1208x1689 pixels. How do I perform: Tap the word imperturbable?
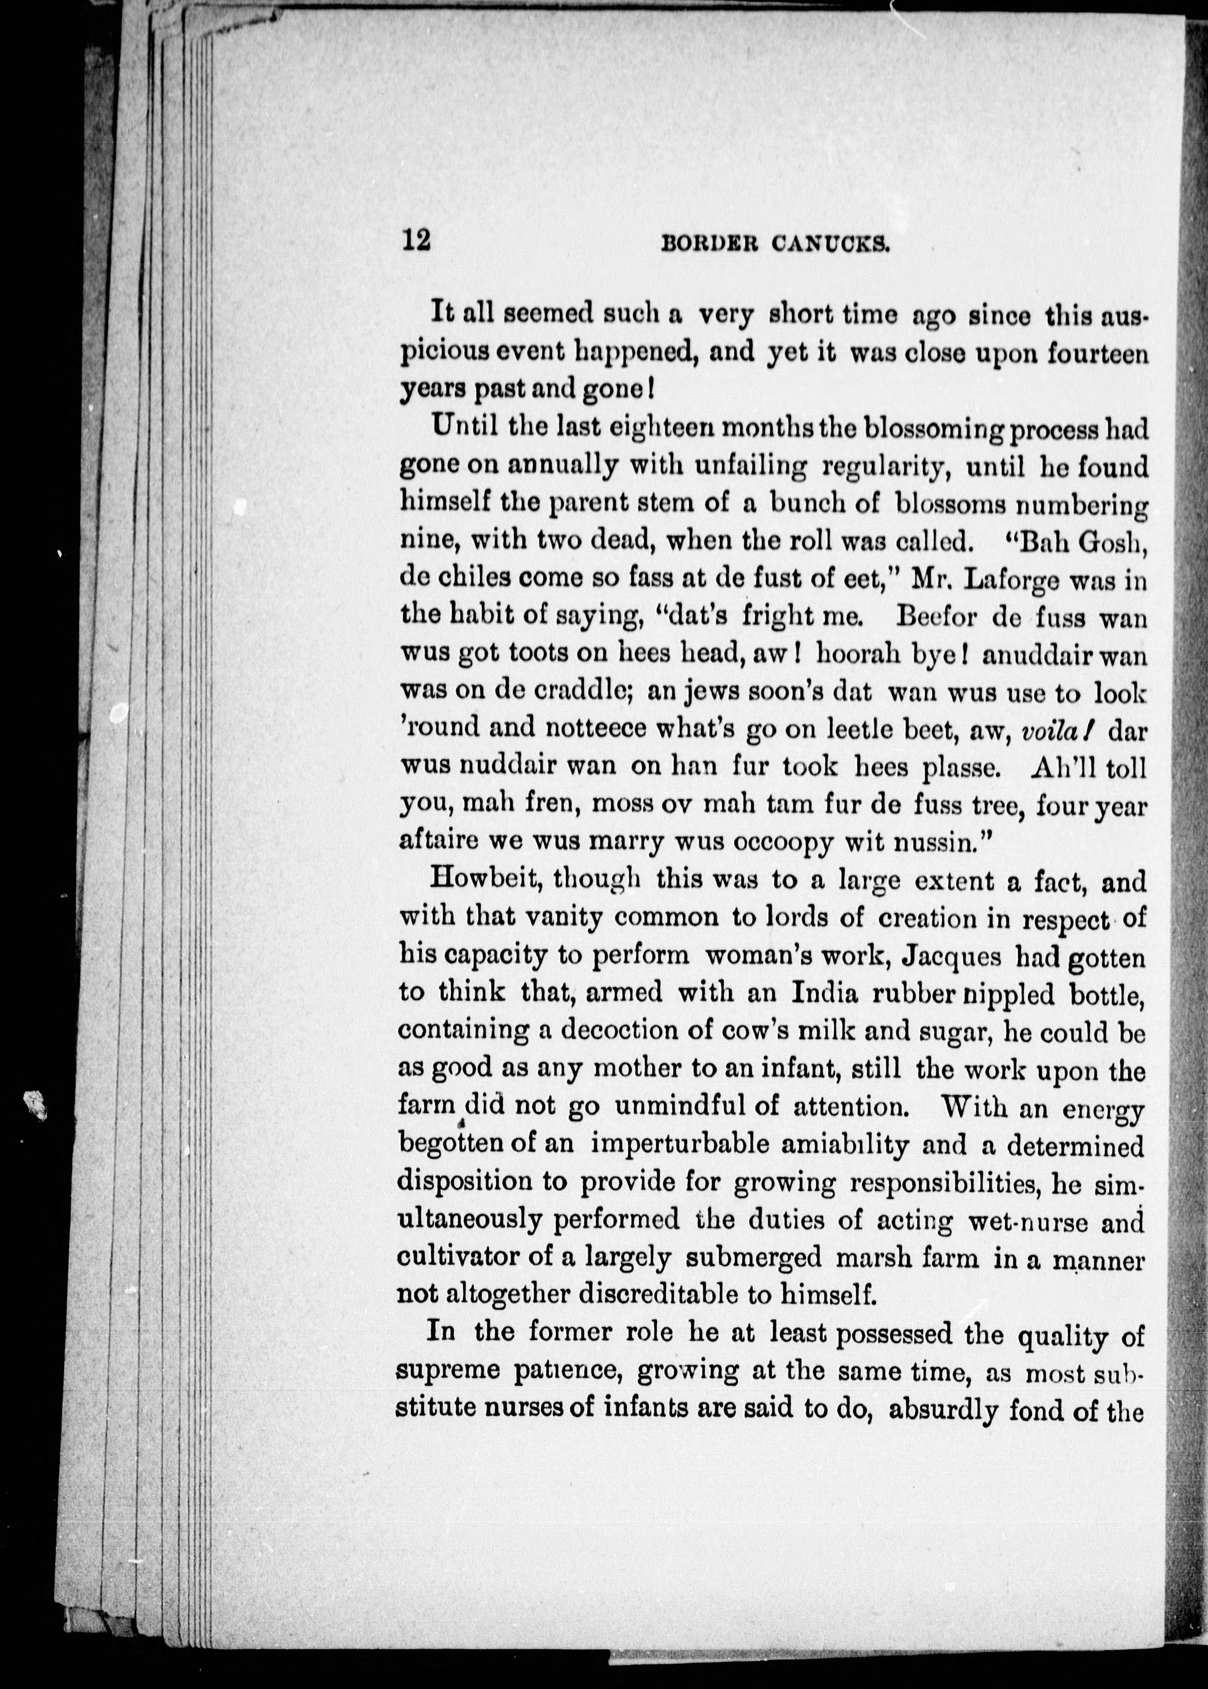676,1145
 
